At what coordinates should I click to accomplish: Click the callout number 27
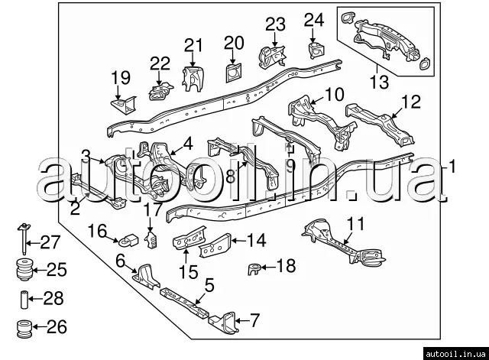[50, 243]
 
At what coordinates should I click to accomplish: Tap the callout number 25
[57, 269]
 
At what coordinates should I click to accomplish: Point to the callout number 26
[57, 327]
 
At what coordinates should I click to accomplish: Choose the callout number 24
[314, 19]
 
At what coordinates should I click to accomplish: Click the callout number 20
[233, 43]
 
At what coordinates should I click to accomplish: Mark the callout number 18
[285, 266]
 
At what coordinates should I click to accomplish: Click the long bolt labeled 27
[25, 238]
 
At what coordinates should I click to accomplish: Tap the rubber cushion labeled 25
[25, 271]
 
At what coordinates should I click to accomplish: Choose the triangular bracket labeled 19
[120, 102]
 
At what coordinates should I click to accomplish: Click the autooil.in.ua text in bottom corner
[454, 352]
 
